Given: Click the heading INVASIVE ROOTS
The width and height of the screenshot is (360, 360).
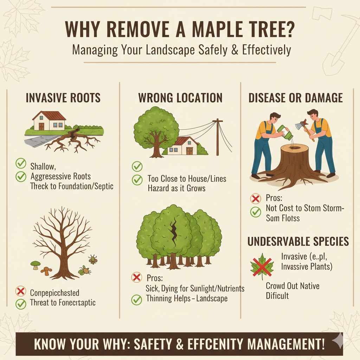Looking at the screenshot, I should coord(63,98).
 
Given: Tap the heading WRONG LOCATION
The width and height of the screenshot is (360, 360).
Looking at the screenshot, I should coord(180,98).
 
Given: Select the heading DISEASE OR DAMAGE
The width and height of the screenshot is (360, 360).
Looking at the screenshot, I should coord(295,98).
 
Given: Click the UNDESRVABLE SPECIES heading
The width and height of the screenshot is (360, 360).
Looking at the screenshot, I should coord(298,242).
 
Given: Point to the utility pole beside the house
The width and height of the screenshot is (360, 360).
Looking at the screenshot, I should coord(218,137).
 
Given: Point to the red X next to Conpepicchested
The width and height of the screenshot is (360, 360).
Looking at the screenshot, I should coord(21,292).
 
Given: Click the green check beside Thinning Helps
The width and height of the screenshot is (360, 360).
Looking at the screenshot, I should coord(136,300).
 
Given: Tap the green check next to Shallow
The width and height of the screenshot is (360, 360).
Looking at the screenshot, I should coord(21,163).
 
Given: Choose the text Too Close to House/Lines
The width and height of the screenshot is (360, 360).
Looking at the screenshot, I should coord(187,179).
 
